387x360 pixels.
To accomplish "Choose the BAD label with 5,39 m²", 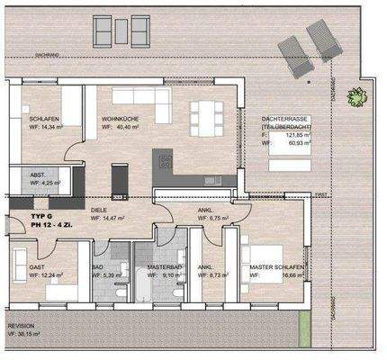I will tap(98, 267).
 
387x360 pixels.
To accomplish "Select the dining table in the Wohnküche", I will tap(203, 115).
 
